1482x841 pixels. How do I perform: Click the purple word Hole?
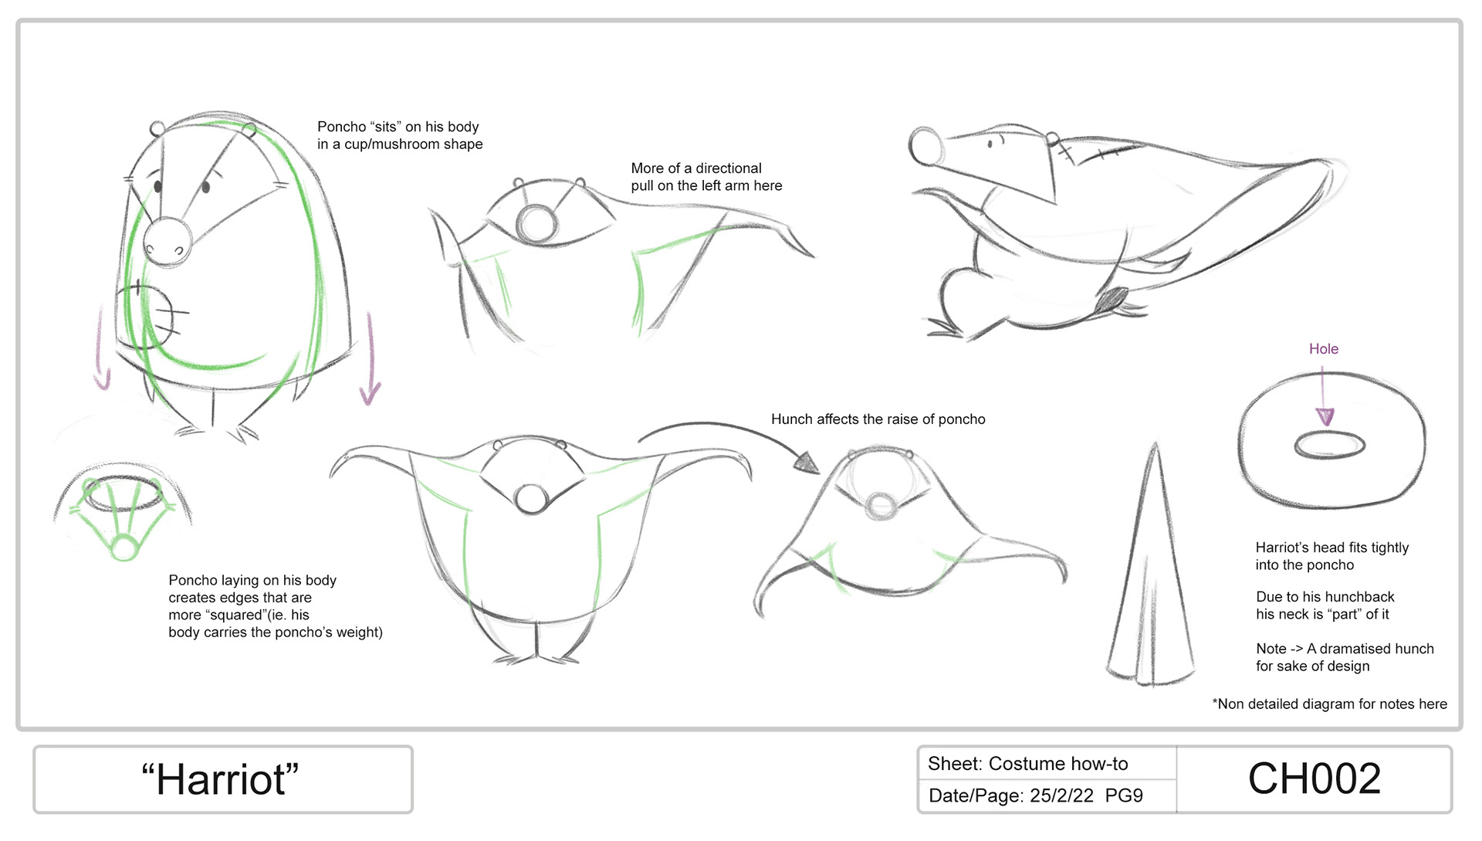[x=1323, y=349]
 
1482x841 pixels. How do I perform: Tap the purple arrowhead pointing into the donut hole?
[x=1325, y=416]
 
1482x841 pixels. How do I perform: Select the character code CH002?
[x=1314, y=778]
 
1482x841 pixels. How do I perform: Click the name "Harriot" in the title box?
[x=220, y=779]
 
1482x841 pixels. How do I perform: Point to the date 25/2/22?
[x=1061, y=795]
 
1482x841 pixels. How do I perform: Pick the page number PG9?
[x=1124, y=795]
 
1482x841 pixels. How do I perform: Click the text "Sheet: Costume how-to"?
[x=1027, y=764]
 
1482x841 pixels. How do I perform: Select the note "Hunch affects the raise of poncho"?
[x=878, y=419]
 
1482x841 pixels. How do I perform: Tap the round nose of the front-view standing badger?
[x=167, y=242]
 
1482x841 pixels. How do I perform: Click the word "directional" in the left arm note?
[x=728, y=168]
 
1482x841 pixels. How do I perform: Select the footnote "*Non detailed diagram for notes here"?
[x=1329, y=704]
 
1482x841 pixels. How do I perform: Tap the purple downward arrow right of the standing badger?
[x=370, y=359]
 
